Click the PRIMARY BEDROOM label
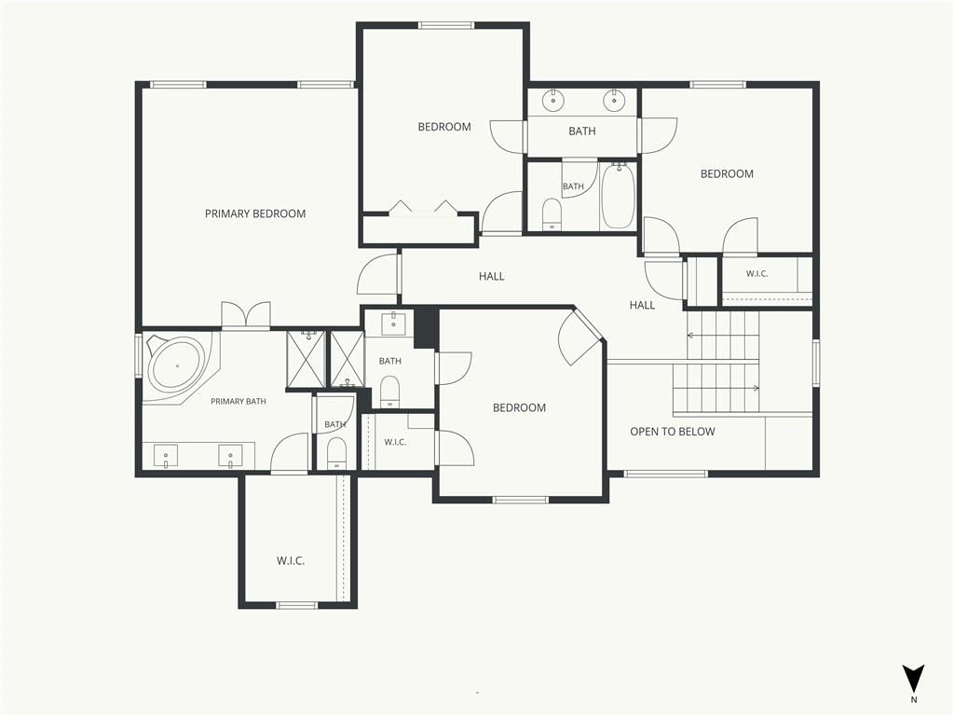click(255, 213)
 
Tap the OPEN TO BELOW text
click(673, 432)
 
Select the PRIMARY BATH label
click(238, 401)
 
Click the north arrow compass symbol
click(913, 679)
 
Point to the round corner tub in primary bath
click(177, 365)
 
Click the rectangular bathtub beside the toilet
click(619, 196)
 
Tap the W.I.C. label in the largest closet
click(291, 560)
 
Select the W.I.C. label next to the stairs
click(756, 274)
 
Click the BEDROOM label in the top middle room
click(444, 127)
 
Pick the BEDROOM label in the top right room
click(727, 173)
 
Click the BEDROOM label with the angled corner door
click(519, 408)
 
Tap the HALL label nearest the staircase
click(642, 305)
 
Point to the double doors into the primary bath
click(246, 315)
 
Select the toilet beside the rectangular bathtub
click(552, 214)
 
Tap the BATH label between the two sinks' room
click(581, 131)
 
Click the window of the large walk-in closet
click(297, 605)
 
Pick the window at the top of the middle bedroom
click(445, 25)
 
